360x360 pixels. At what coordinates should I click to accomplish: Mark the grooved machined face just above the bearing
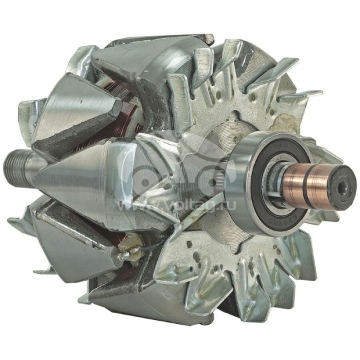pyautogui.click(x=233, y=127)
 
